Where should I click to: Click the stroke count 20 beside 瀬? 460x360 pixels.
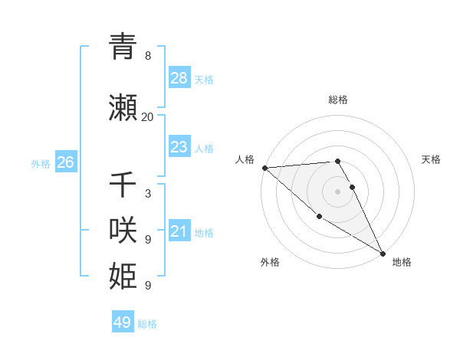coord(147,117)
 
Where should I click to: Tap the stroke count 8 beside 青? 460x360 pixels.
coord(147,56)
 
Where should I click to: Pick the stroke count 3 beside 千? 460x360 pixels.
coord(147,194)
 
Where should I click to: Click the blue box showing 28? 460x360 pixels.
coord(179,78)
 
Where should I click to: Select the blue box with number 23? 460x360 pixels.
coord(179,147)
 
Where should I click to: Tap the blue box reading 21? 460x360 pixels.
coord(179,231)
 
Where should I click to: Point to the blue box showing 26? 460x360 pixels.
coord(66,162)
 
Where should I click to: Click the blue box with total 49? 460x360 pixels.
coord(123,322)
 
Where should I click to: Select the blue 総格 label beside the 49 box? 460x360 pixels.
coord(148,324)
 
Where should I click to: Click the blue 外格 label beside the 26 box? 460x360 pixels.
coord(41,163)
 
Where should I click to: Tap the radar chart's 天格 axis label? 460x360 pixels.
coord(432,159)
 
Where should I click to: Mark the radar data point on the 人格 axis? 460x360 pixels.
coord(264,168)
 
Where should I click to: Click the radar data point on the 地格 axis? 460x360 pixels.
coord(383,253)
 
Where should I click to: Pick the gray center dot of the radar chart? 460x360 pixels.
coord(337,191)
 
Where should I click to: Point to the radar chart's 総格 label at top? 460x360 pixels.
coord(337,100)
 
